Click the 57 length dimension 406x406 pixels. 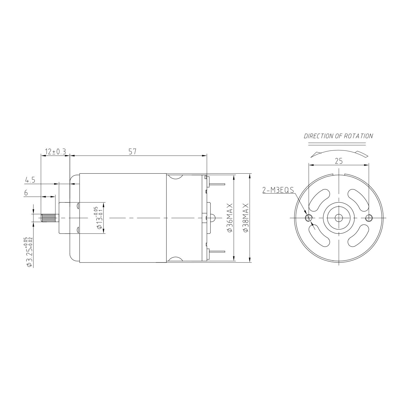click(133, 152)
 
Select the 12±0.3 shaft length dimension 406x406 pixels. click(55, 152)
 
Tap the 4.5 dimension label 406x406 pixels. click(30, 180)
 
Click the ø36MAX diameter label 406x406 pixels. click(230, 218)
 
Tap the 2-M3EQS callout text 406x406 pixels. click(278, 190)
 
